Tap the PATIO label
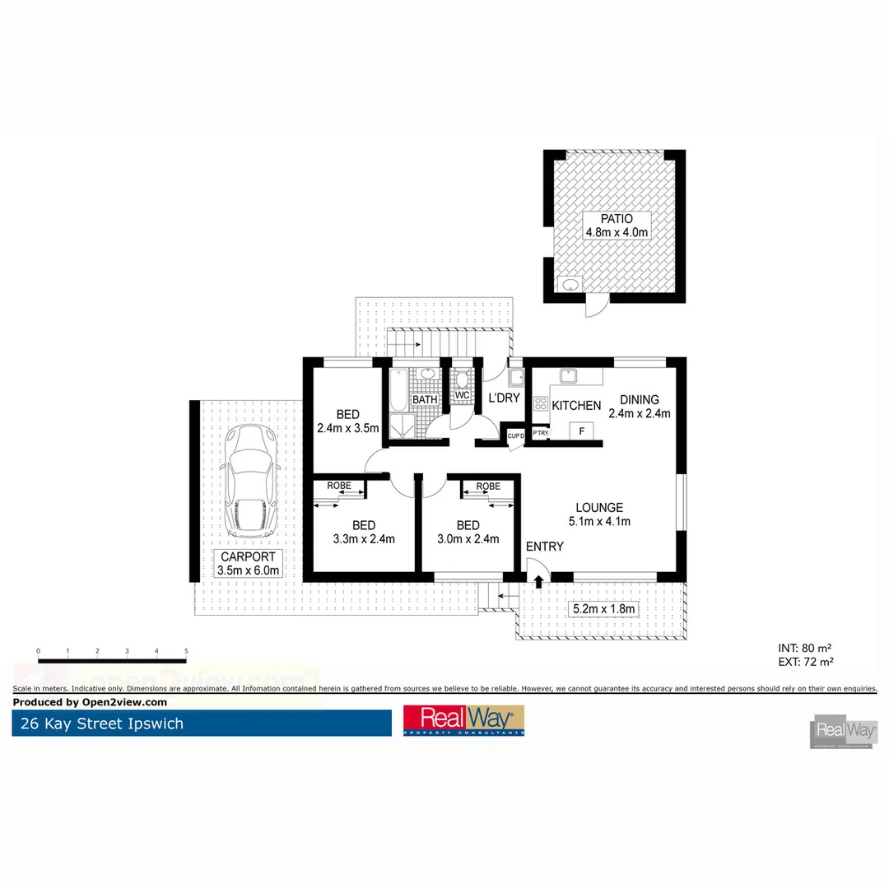pyautogui.click(x=617, y=219)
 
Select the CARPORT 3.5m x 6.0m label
pyautogui.click(x=249, y=563)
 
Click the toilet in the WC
pyautogui.click(x=462, y=379)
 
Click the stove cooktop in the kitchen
pyautogui.click(x=541, y=404)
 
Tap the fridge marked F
pyautogui.click(x=582, y=431)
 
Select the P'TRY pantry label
pyautogui.click(x=541, y=433)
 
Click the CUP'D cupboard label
pyautogui.click(x=516, y=435)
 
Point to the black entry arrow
pyautogui.click(x=538, y=582)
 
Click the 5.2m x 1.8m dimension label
pyautogui.click(x=603, y=609)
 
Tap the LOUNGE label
pyautogui.click(x=598, y=508)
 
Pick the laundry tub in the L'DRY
pyautogui.click(x=516, y=378)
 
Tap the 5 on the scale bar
pyautogui.click(x=187, y=651)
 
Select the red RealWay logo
pyautogui.click(x=463, y=720)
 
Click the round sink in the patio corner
pyautogui.click(x=569, y=286)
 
